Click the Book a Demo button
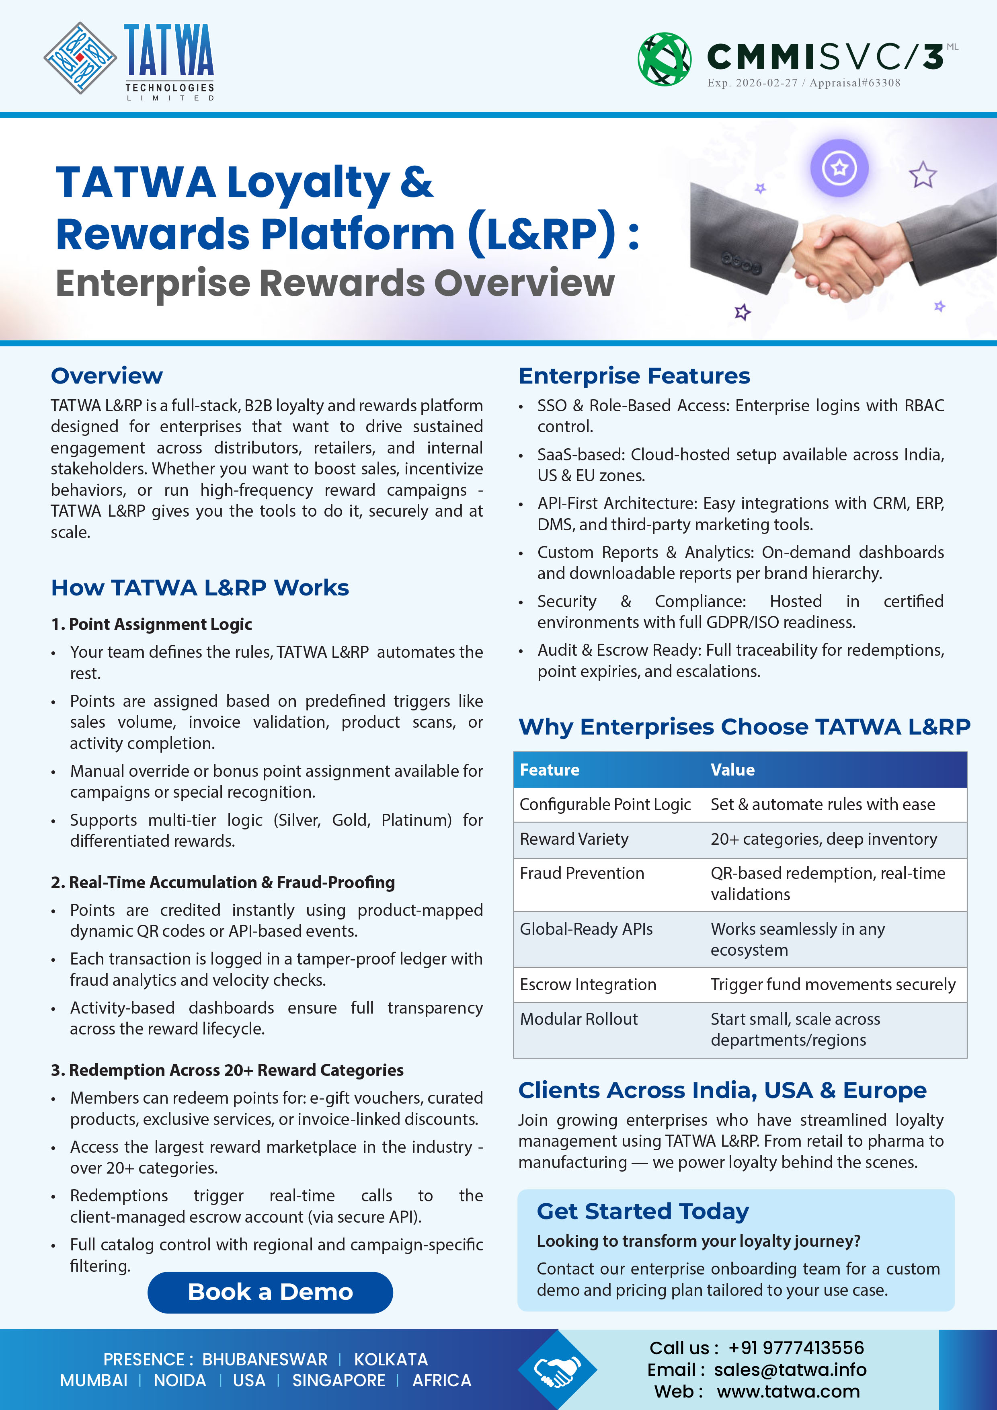[270, 1292]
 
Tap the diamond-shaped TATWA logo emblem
[80, 58]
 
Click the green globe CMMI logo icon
[664, 59]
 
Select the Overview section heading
[107, 376]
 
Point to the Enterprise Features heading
[634, 376]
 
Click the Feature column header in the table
[550, 770]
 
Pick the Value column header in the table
[732, 770]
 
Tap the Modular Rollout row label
[579, 1020]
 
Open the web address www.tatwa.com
[788, 1392]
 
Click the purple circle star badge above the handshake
[839, 168]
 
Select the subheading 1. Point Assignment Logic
[152, 624]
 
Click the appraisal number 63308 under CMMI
[883, 83]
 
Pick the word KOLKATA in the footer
[391, 1360]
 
